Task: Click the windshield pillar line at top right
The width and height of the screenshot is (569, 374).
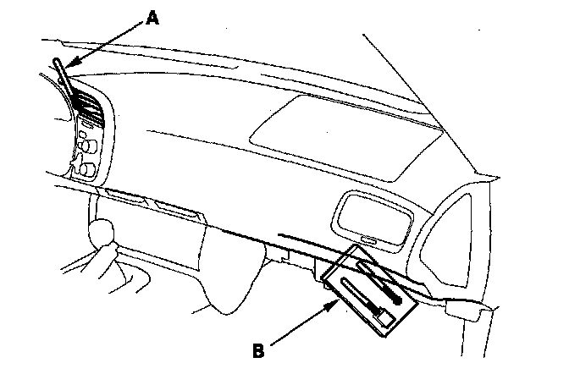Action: (x=423, y=93)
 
